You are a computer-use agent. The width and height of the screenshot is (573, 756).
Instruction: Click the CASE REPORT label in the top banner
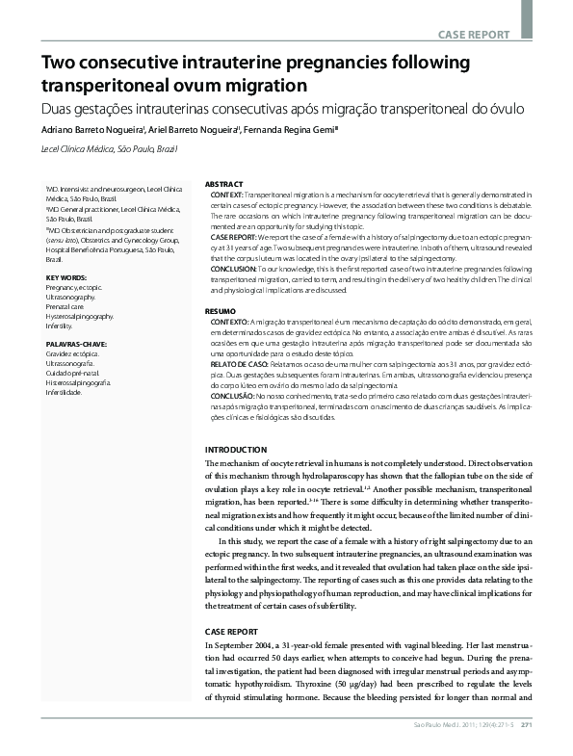pos(474,35)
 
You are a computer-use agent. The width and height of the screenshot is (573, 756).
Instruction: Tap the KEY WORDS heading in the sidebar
pos(66,278)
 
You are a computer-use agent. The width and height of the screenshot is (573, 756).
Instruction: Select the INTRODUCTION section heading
pos(238,450)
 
